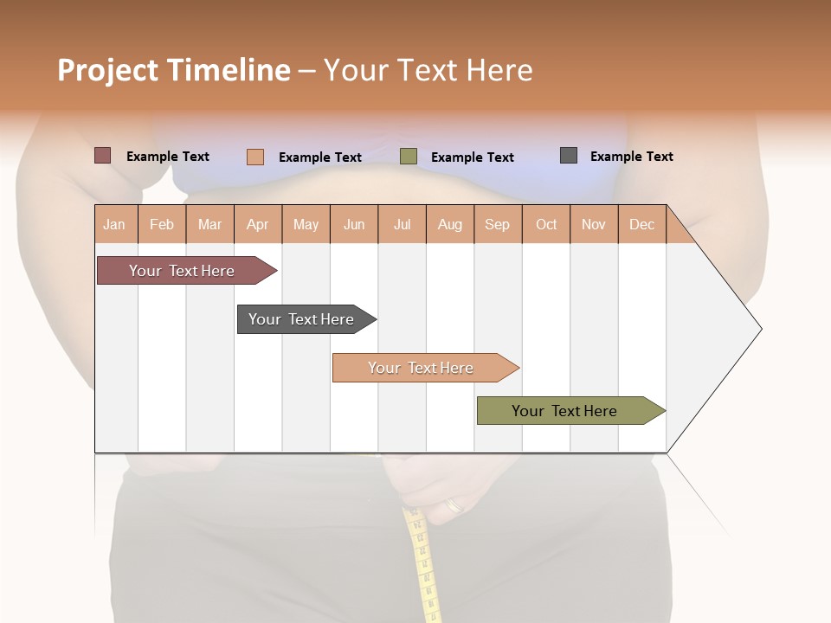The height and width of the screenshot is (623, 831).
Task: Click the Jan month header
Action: [x=114, y=225]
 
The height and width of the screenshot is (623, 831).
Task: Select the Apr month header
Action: [x=258, y=225]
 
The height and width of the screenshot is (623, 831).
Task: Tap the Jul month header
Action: [x=402, y=225]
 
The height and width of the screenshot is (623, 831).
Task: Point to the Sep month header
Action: [x=497, y=225]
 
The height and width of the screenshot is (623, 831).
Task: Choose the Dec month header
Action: [x=641, y=225]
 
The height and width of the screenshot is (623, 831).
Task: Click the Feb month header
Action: [x=162, y=225]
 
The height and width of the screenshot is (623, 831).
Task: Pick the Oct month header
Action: [x=546, y=225]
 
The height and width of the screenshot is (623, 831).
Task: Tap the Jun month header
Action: [x=354, y=225]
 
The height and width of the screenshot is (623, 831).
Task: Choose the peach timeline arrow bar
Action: [x=422, y=368]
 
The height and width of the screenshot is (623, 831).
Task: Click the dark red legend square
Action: [x=102, y=156]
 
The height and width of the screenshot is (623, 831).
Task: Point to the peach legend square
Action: [x=254, y=157]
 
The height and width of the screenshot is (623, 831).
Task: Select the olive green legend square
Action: [x=409, y=157]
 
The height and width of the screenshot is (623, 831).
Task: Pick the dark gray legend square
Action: [x=569, y=156]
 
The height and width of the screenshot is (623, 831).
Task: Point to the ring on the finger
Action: [x=454, y=505]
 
